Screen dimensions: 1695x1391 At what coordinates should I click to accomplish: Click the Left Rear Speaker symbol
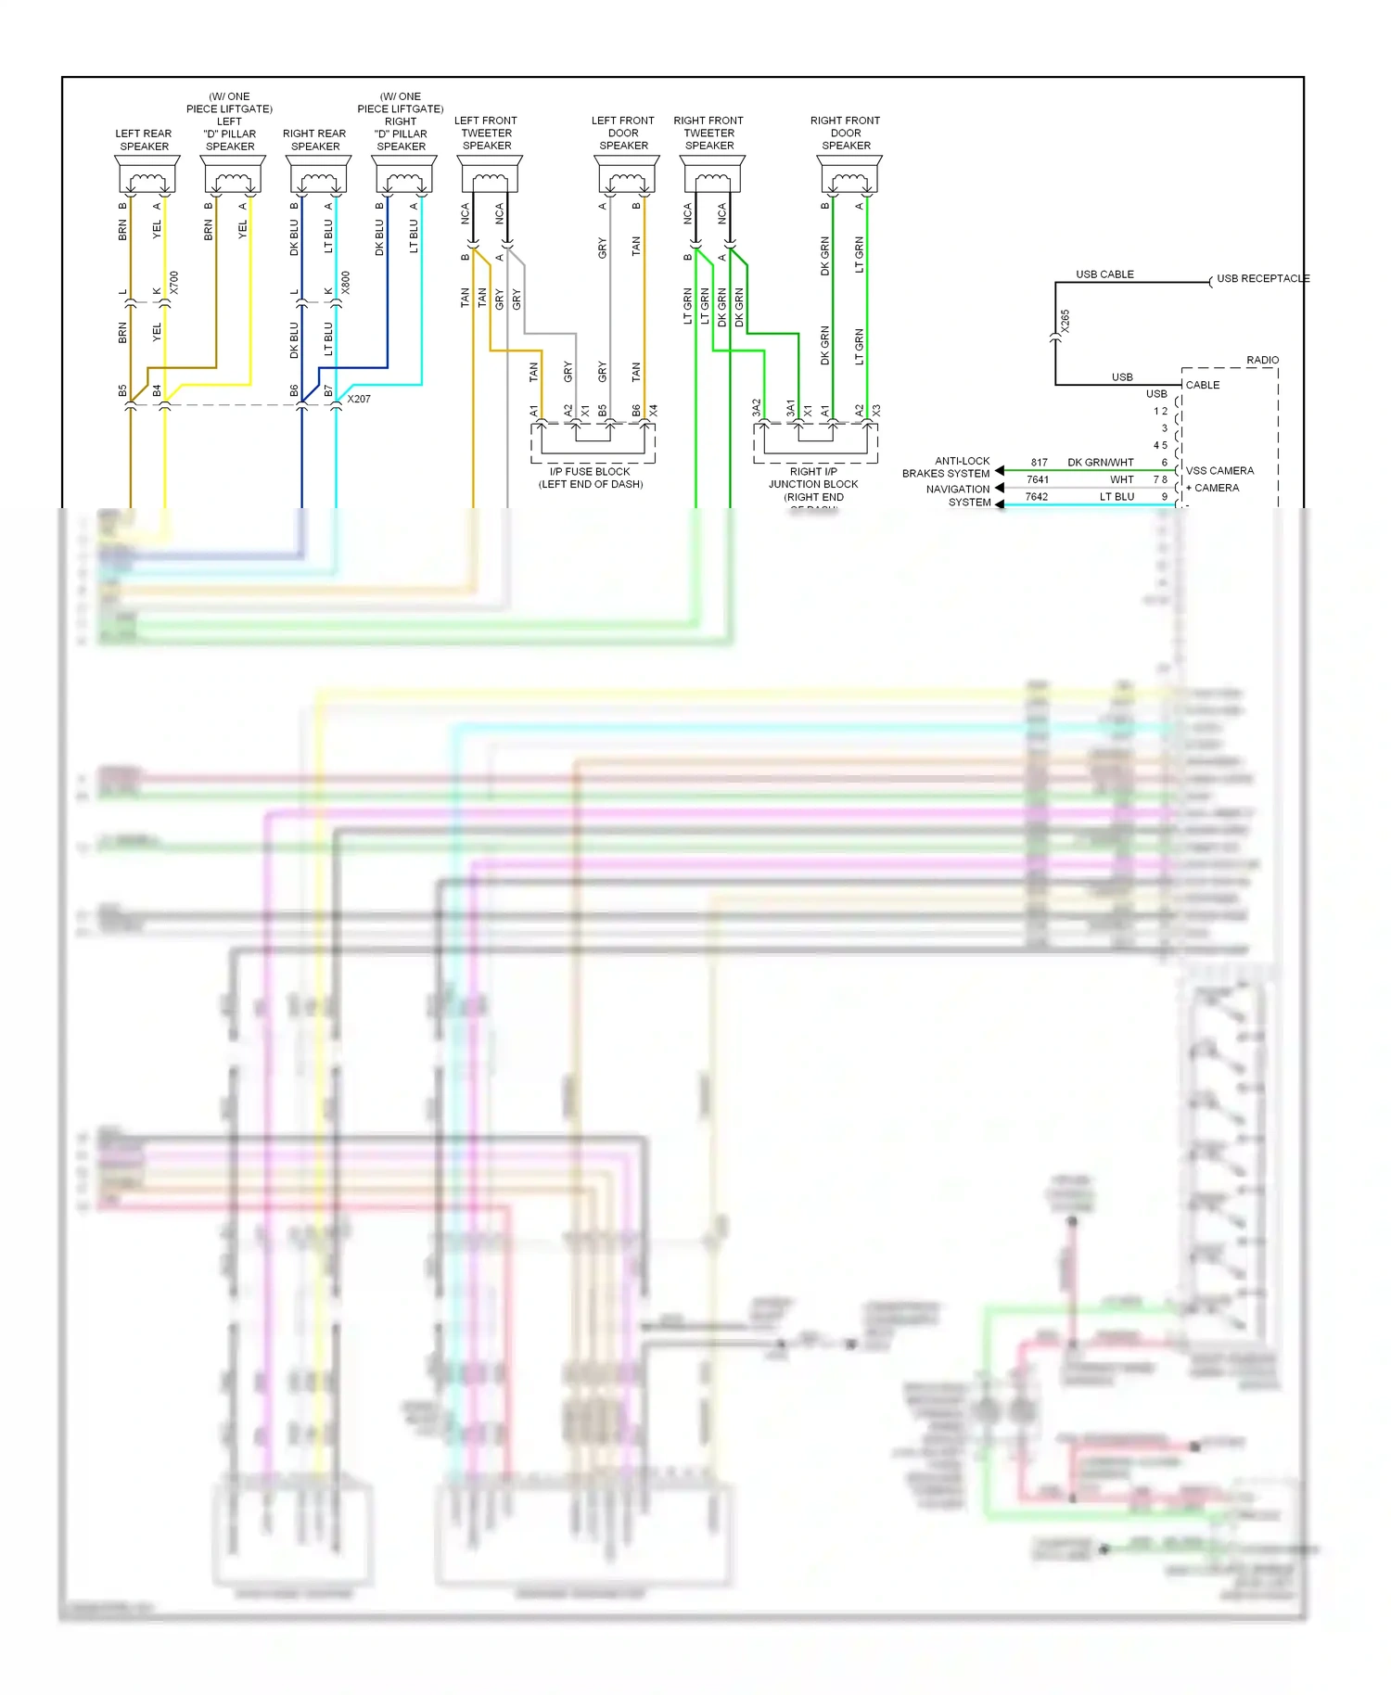(x=147, y=174)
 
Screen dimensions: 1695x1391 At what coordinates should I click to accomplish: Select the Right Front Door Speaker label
(x=845, y=133)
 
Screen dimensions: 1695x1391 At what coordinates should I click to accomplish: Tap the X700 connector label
(x=173, y=283)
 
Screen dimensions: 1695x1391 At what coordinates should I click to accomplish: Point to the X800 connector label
(x=345, y=283)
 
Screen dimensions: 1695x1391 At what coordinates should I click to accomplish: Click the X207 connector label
(x=359, y=399)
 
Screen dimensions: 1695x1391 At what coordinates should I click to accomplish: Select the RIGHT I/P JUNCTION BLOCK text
(x=813, y=484)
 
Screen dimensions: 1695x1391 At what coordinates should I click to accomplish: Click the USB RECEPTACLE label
(x=1262, y=278)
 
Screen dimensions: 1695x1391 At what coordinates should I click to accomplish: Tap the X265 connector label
(x=1066, y=322)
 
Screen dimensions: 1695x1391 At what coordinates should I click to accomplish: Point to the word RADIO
(x=1262, y=360)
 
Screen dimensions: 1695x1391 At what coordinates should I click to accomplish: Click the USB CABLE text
(x=1104, y=274)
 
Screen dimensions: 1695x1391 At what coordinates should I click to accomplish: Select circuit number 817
(x=1039, y=462)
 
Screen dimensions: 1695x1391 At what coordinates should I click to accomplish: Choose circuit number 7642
(x=1036, y=497)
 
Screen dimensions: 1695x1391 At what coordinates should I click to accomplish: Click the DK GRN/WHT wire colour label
(x=1100, y=462)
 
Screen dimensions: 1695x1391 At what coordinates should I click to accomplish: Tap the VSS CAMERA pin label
(x=1219, y=471)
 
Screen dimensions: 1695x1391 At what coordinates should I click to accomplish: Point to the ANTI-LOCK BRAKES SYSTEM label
(x=947, y=466)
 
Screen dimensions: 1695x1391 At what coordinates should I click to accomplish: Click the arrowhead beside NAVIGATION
(x=1000, y=488)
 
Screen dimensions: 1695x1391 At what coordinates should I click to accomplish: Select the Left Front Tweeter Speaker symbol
(x=490, y=174)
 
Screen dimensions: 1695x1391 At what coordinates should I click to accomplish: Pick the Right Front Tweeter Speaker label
(x=708, y=133)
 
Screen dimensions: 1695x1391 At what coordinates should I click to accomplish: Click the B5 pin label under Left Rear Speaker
(x=122, y=391)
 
